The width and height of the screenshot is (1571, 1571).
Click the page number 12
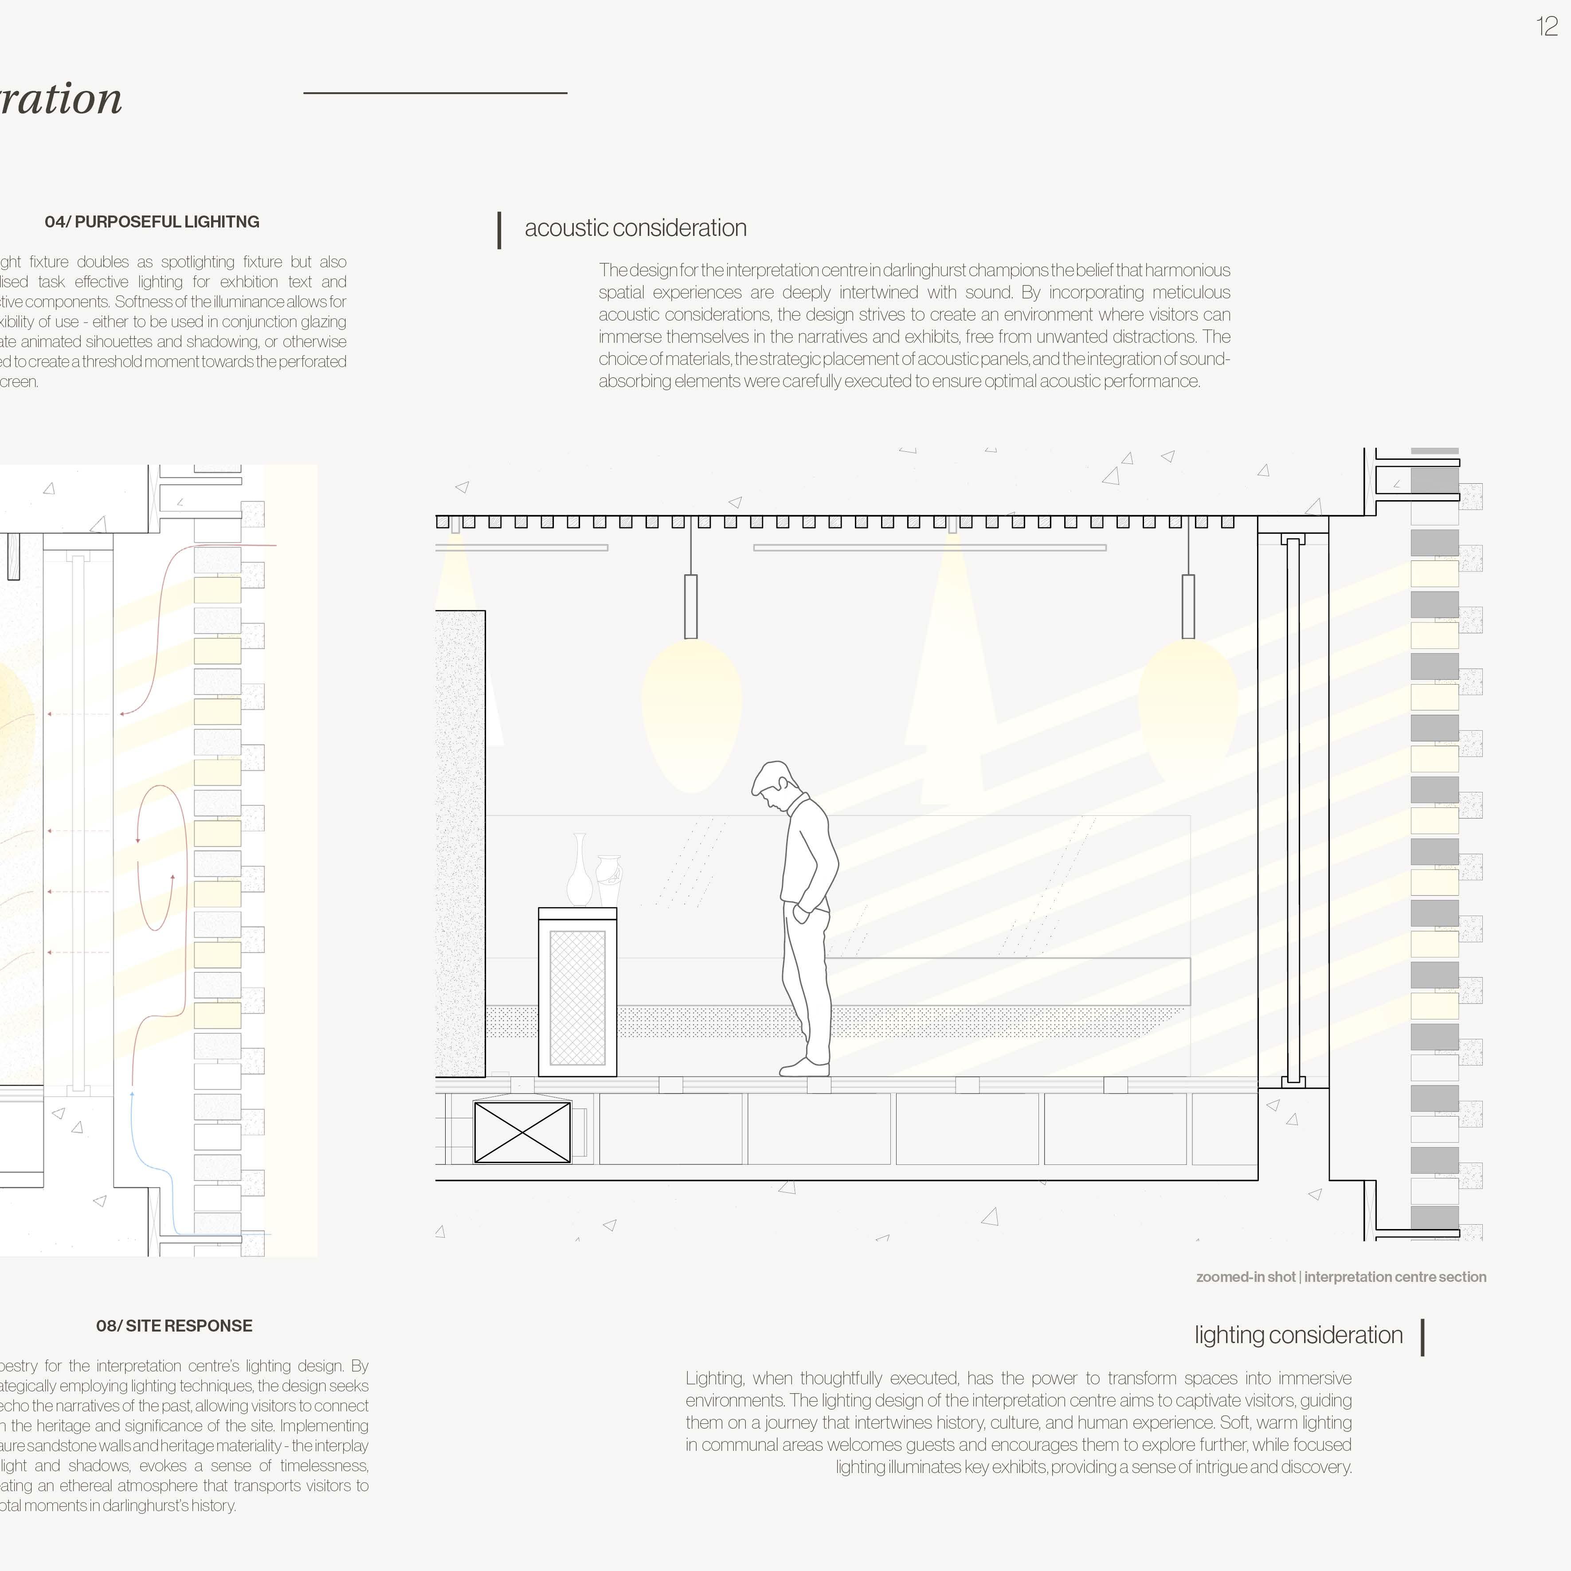pos(1547,27)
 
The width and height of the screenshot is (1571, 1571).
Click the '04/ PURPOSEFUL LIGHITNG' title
pos(152,222)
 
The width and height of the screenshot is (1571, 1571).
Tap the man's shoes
pos(806,1067)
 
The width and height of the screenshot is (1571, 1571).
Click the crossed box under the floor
pos(522,1132)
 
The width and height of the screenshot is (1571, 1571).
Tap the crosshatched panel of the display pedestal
pos(577,998)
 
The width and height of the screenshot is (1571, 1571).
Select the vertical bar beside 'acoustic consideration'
pos(499,230)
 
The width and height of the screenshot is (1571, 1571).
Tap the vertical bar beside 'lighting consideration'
pos(1422,1338)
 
